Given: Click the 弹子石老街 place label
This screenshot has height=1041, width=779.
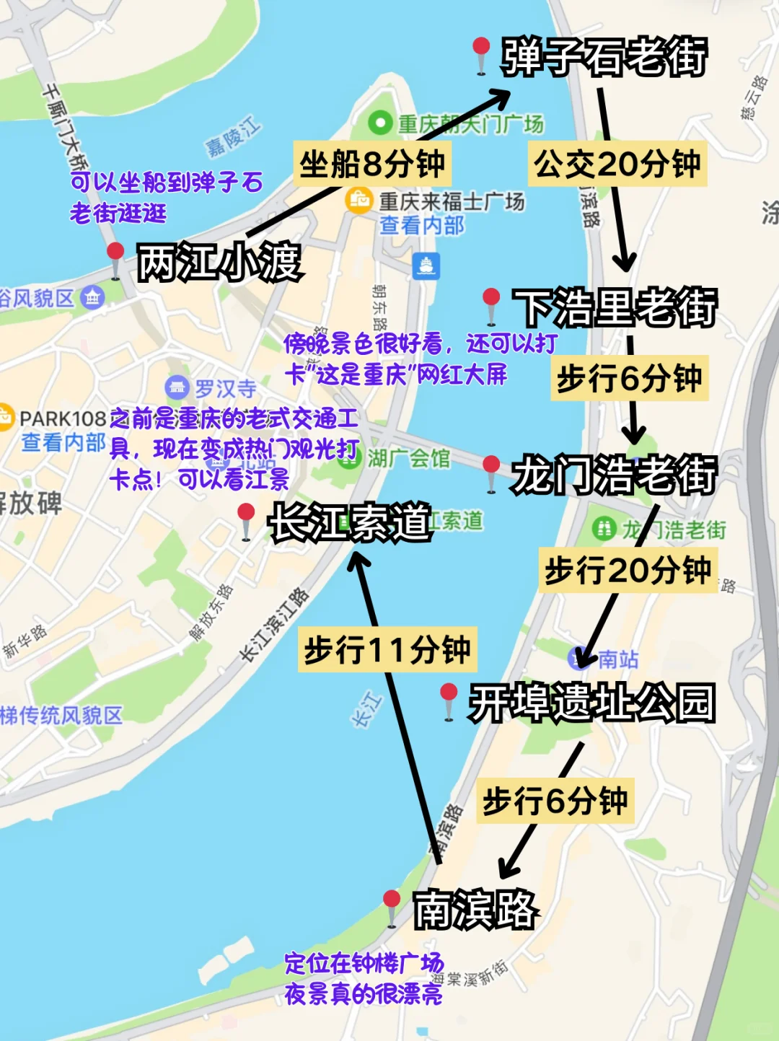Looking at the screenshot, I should click(604, 57).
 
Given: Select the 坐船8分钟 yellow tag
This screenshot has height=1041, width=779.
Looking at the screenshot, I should click(372, 164).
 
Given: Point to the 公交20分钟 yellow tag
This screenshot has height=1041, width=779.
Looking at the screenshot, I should click(617, 164).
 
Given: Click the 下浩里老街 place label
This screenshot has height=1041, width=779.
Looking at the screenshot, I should click(615, 308).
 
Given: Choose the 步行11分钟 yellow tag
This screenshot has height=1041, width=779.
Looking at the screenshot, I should click(387, 650).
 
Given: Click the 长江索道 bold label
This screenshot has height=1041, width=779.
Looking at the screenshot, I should click(350, 522).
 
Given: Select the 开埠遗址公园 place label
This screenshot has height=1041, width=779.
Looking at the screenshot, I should click(591, 703).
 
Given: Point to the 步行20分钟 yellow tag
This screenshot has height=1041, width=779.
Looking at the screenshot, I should click(628, 571).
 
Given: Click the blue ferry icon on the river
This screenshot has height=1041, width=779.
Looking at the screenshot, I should click(426, 265).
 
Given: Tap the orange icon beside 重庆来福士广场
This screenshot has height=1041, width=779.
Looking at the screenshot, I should click(359, 199).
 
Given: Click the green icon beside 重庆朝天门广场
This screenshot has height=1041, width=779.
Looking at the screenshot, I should click(379, 123).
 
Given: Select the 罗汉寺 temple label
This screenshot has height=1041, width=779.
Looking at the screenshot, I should click(225, 389).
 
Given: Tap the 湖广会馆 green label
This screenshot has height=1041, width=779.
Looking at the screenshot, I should click(408, 458).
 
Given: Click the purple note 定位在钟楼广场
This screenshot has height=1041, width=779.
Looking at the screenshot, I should click(364, 963).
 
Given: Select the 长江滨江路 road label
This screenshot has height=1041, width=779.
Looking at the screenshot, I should click(274, 624).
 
